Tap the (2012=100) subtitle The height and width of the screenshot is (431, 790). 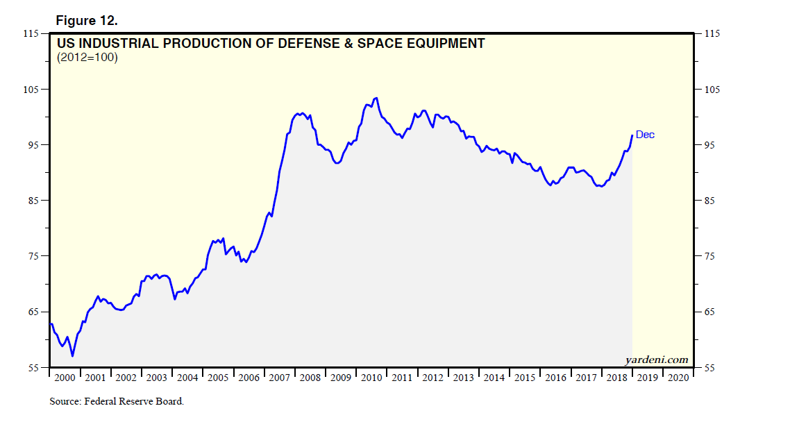[x=87, y=58]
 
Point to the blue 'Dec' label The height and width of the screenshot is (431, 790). [x=645, y=135]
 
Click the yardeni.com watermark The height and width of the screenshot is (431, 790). [x=656, y=360]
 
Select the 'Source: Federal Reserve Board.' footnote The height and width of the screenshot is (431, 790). [x=117, y=401]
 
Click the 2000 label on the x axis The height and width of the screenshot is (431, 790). [x=65, y=378]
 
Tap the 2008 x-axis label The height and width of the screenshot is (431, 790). [x=310, y=378]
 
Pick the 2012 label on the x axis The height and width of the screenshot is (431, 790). [x=432, y=378]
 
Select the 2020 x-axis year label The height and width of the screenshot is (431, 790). [x=678, y=378]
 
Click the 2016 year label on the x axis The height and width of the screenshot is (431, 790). [x=555, y=378]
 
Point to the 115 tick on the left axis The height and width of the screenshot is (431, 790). [x=31, y=33]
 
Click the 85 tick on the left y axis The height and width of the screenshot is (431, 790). [x=33, y=201]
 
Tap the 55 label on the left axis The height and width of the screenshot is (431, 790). [x=33, y=368]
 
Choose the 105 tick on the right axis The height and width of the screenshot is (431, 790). [x=712, y=90]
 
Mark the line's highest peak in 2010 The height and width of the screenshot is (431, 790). [x=376, y=98]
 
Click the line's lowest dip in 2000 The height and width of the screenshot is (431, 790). [x=72, y=356]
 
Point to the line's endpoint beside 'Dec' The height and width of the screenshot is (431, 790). [x=632, y=135]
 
